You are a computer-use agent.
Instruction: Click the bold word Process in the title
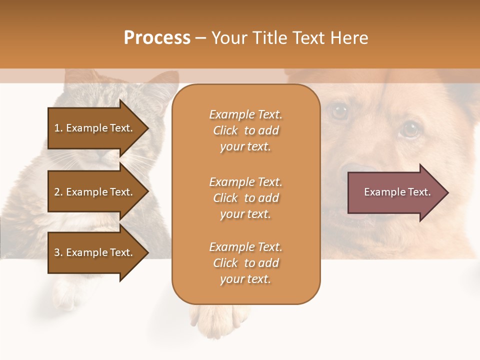coord(157,38)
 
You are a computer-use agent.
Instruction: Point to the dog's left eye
coord(410,130)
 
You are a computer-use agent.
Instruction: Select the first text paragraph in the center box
coord(245,130)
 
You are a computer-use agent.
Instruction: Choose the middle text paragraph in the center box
coord(245,198)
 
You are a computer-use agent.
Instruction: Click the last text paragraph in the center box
coord(245,263)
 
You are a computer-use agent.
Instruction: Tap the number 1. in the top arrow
coord(58,128)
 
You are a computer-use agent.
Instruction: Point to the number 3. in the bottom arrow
coord(58,253)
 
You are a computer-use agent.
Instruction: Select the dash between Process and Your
coord(201,38)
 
